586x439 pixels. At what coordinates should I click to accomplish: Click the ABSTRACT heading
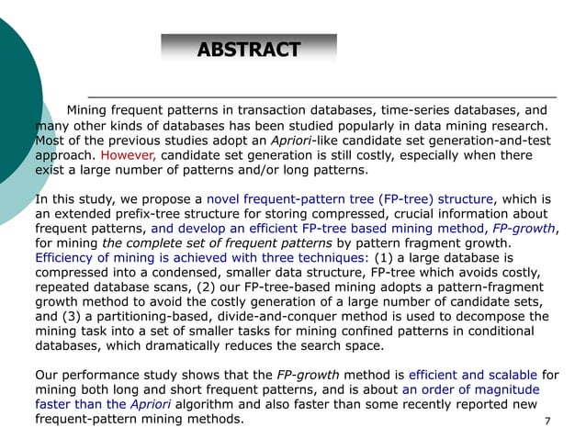point(249,49)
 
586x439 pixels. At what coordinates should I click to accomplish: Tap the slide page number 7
point(547,422)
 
